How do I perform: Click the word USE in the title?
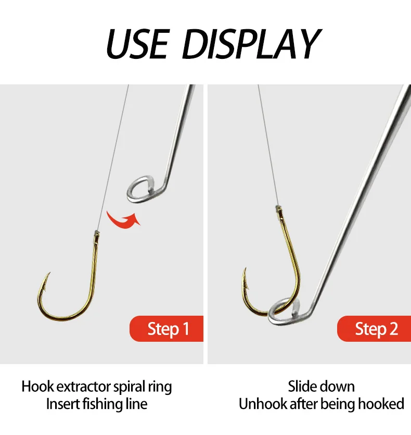[137, 44]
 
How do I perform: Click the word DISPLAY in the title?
[251, 44]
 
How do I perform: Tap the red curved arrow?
[124, 220]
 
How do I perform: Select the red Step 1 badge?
[166, 329]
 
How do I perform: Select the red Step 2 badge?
[374, 329]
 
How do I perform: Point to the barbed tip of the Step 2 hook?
[245, 268]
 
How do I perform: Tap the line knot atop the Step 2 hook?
[278, 207]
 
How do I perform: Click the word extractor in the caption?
[87, 387]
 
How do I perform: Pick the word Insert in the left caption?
[63, 404]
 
